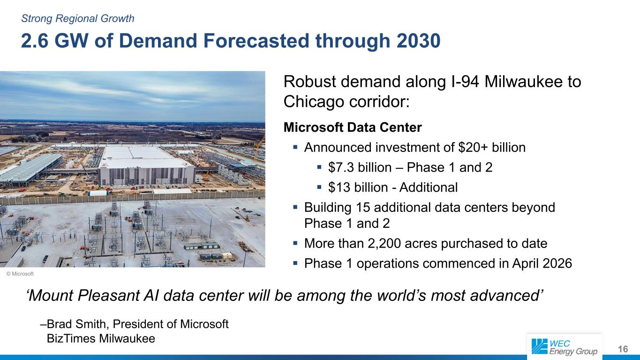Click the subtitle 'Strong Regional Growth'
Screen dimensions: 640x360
click(78, 19)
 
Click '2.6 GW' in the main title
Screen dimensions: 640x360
click(54, 41)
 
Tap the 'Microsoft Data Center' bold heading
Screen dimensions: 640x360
click(353, 127)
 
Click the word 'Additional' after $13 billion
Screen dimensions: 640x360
click(428, 187)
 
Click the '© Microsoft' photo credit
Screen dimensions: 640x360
click(20, 274)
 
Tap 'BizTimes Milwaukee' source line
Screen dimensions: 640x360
click(101, 338)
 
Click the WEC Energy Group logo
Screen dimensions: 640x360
click(565, 347)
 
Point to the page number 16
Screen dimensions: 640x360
click(623, 349)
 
